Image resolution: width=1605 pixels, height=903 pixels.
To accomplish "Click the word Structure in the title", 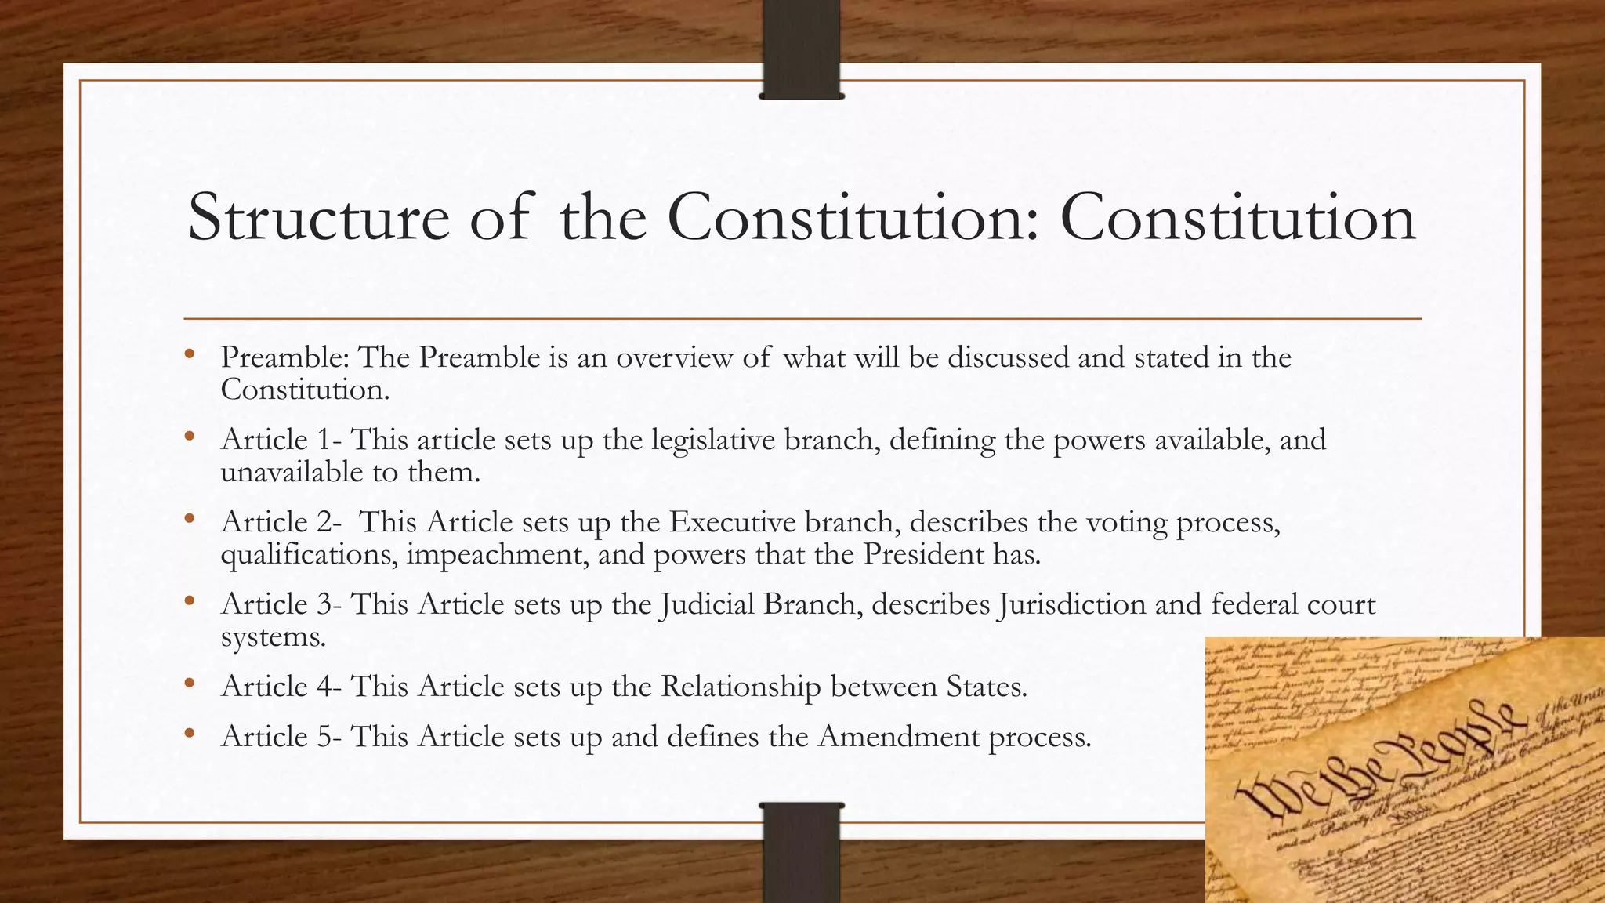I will pyautogui.click(x=318, y=218).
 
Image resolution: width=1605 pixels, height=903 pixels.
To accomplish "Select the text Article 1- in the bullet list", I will pyautogui.click(x=281, y=440).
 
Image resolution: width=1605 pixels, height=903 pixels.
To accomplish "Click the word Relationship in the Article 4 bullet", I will pyautogui.click(x=740, y=687).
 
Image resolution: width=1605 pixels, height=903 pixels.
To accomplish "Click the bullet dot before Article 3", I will pyautogui.click(x=189, y=601).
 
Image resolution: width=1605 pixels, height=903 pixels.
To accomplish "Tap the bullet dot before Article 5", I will pyautogui.click(x=189, y=734).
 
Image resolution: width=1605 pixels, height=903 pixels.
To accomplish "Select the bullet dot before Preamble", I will pyautogui.click(x=189, y=354).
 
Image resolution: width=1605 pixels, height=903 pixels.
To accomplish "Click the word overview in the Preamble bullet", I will pyautogui.click(x=674, y=357).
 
